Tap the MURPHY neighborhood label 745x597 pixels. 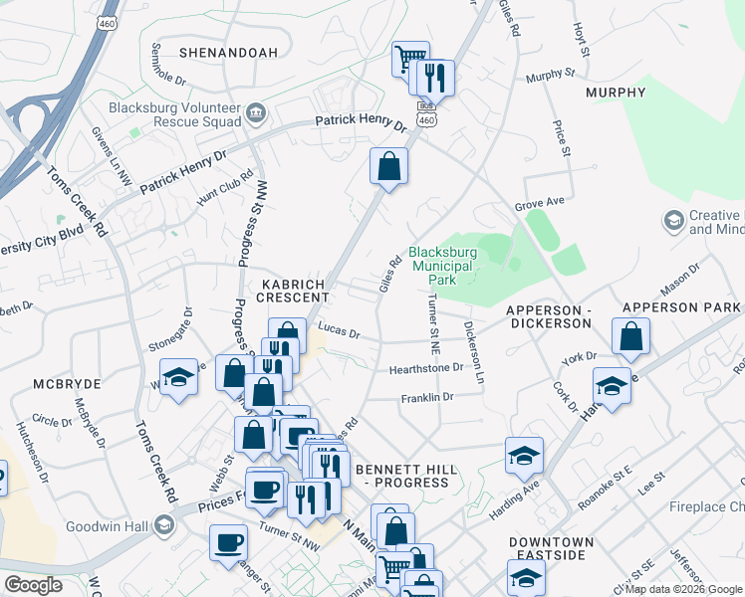pos(616,93)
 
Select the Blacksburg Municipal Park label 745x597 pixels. pos(442,267)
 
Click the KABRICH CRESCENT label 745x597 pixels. pos(295,290)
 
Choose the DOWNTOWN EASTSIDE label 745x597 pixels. pos(552,549)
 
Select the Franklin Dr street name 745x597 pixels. pos(426,398)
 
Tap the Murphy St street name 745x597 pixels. pos(551,75)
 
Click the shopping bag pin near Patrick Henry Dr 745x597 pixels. pos(388,166)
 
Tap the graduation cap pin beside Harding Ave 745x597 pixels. pos(524,456)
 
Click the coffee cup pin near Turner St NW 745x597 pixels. pos(228,542)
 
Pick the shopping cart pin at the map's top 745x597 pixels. pos(409,59)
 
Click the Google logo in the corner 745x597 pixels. pos(34,585)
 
